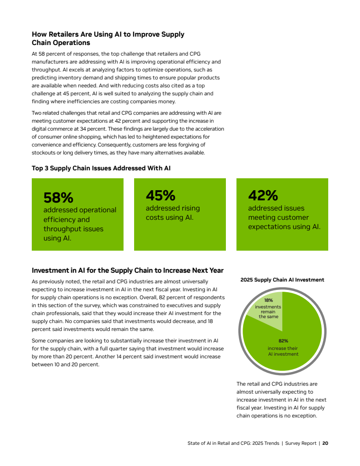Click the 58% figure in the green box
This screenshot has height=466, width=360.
pos(58,197)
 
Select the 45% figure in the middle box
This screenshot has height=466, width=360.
pos(161,195)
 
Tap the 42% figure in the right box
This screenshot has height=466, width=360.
pos(263,195)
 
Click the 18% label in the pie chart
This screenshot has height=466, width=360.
pos(268,301)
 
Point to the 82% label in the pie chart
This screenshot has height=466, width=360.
pos(283,341)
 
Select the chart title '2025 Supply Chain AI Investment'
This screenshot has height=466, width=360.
pos(282,280)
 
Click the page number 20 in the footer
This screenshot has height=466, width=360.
pos(325,443)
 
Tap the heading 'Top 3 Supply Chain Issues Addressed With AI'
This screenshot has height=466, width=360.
pos(101,168)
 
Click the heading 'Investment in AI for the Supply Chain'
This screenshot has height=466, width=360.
pos(127,271)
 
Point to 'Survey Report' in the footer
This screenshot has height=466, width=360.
pos(300,443)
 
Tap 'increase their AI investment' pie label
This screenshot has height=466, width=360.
pos(283,351)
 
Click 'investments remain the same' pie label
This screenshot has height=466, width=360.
pos(268,312)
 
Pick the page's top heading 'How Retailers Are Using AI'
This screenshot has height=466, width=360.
pos(108,34)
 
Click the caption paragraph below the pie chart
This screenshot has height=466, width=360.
pos(281,400)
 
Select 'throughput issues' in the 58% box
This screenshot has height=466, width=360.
pos(73,229)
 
